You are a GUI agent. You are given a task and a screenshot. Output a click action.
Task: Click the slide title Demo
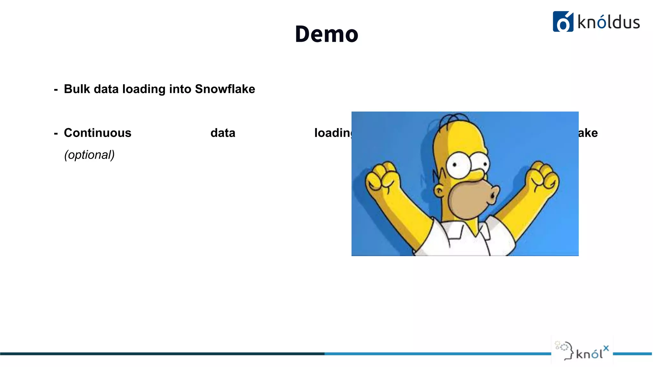tap(326, 34)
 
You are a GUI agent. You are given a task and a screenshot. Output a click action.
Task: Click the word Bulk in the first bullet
tap(77, 89)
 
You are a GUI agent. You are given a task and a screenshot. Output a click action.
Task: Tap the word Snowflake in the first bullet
tap(225, 89)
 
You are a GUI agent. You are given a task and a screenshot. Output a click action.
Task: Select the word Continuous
tap(98, 133)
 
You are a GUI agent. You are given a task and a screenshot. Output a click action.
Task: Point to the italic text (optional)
tap(89, 155)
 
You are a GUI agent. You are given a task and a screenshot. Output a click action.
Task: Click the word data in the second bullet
tap(223, 133)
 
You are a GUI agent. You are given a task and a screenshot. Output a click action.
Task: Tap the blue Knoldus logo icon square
tap(563, 22)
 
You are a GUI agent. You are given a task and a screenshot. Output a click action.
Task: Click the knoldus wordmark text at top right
tap(608, 22)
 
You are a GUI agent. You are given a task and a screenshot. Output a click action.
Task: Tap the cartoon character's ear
tap(439, 191)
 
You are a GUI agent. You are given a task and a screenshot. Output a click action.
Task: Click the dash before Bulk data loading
tap(56, 90)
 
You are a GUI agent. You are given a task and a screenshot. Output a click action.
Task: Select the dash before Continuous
tap(56, 134)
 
